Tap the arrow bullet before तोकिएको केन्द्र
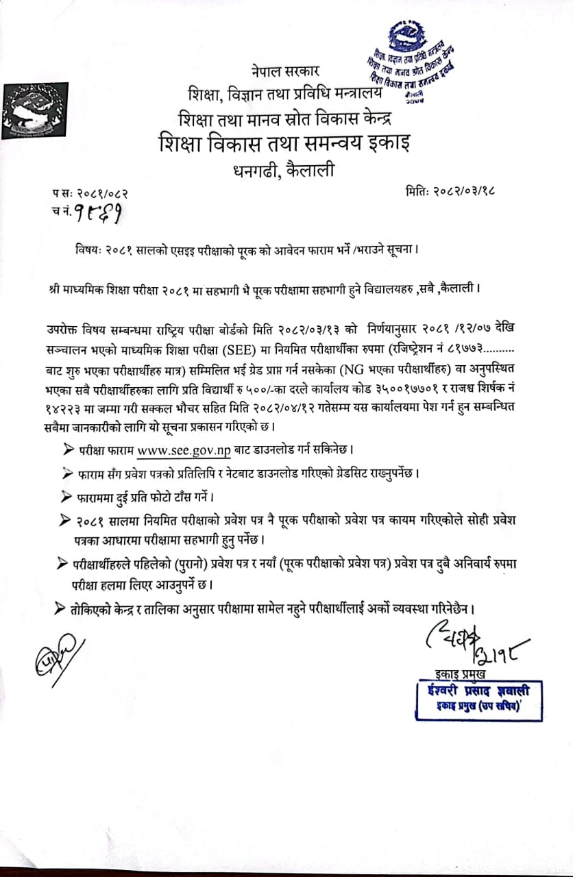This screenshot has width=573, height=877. point(57,608)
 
